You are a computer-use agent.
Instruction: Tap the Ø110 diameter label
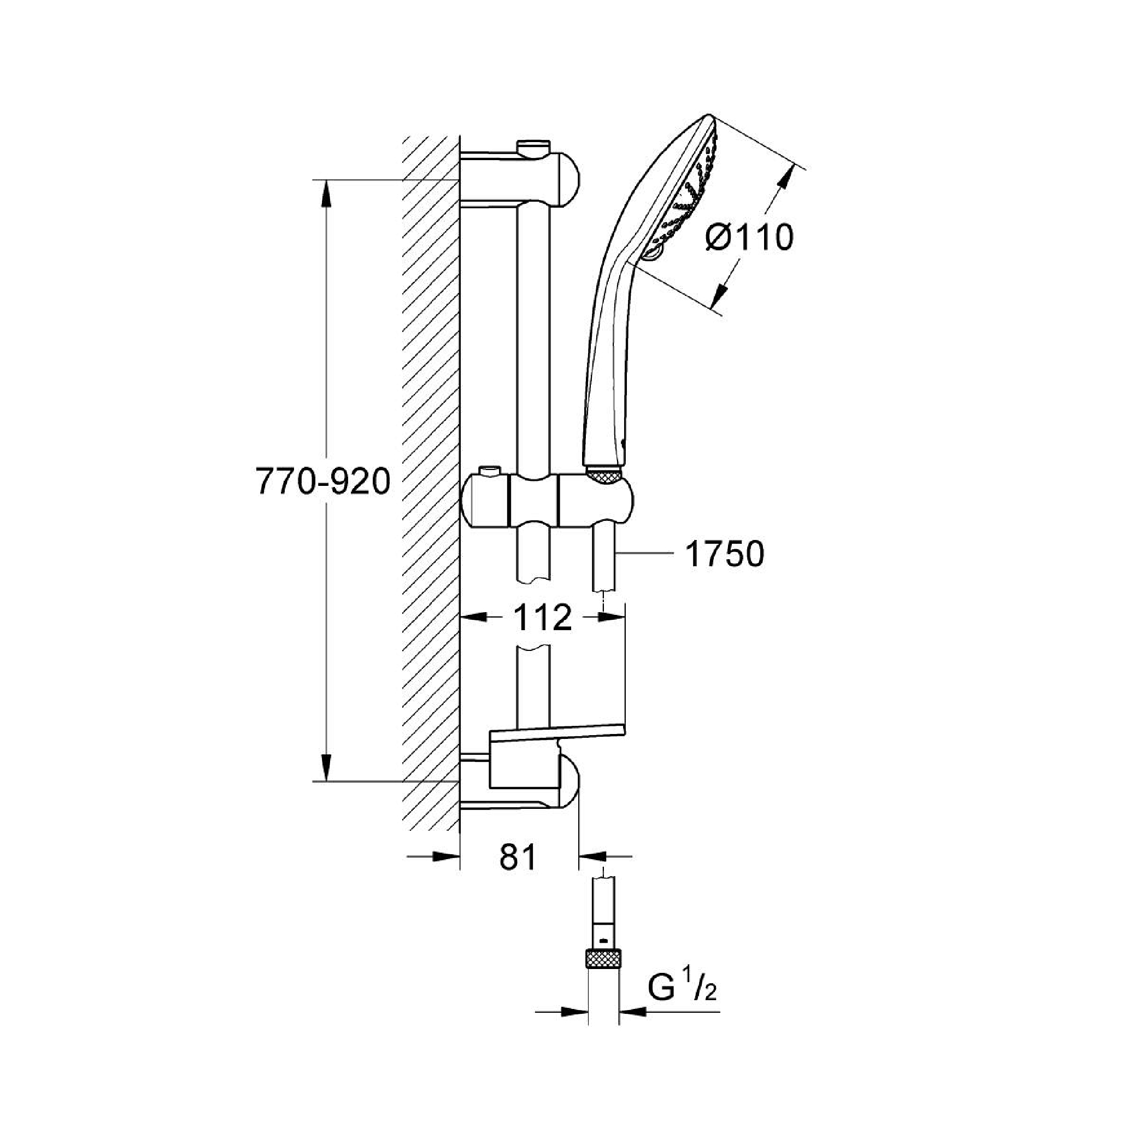pyautogui.click(x=750, y=238)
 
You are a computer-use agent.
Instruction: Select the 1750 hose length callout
pyautogui.click(x=725, y=554)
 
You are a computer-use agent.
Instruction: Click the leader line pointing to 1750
pyautogui.click(x=644, y=553)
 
